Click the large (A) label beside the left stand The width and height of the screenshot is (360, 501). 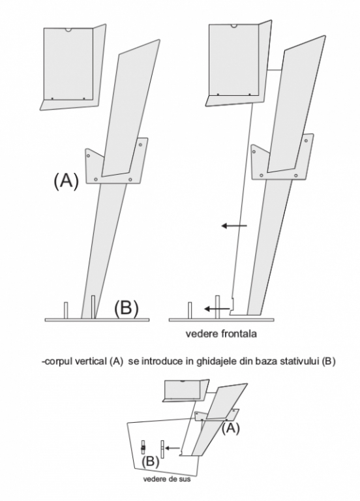click(x=66, y=181)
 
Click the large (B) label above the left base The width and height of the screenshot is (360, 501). click(x=127, y=309)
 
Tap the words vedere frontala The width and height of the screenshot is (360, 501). click(x=221, y=334)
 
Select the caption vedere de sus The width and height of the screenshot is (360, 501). click(x=166, y=479)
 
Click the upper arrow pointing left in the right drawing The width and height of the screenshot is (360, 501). click(x=234, y=226)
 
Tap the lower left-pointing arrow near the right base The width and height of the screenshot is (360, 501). click(x=217, y=309)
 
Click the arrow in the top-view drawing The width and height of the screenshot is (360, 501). click(x=172, y=448)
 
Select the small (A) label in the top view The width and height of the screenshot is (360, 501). click(x=231, y=428)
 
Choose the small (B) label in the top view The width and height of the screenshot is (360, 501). click(x=150, y=462)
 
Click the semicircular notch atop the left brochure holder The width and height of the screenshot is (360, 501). click(x=68, y=30)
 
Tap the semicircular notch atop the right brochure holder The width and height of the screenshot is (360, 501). click(x=234, y=26)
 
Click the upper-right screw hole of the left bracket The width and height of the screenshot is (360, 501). click(x=141, y=145)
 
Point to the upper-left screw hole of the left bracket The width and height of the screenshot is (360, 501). click(x=89, y=156)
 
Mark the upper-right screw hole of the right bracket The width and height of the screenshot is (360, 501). click(x=307, y=141)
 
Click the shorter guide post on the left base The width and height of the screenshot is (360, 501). click(x=66, y=311)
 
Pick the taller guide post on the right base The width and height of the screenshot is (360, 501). click(x=218, y=307)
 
